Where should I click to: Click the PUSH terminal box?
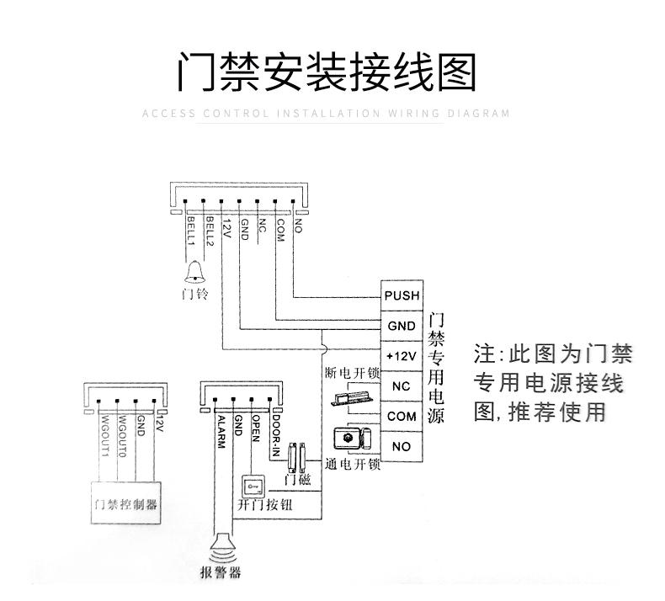[401, 296]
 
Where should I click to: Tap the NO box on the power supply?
[401, 446]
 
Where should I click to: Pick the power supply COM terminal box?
[401, 416]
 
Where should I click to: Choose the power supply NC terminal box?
[401, 386]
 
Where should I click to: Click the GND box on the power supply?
[401, 326]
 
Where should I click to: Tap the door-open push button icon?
[252, 487]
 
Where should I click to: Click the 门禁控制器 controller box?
[125, 504]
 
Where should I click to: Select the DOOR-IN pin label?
[274, 437]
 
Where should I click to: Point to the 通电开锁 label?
[353, 464]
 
